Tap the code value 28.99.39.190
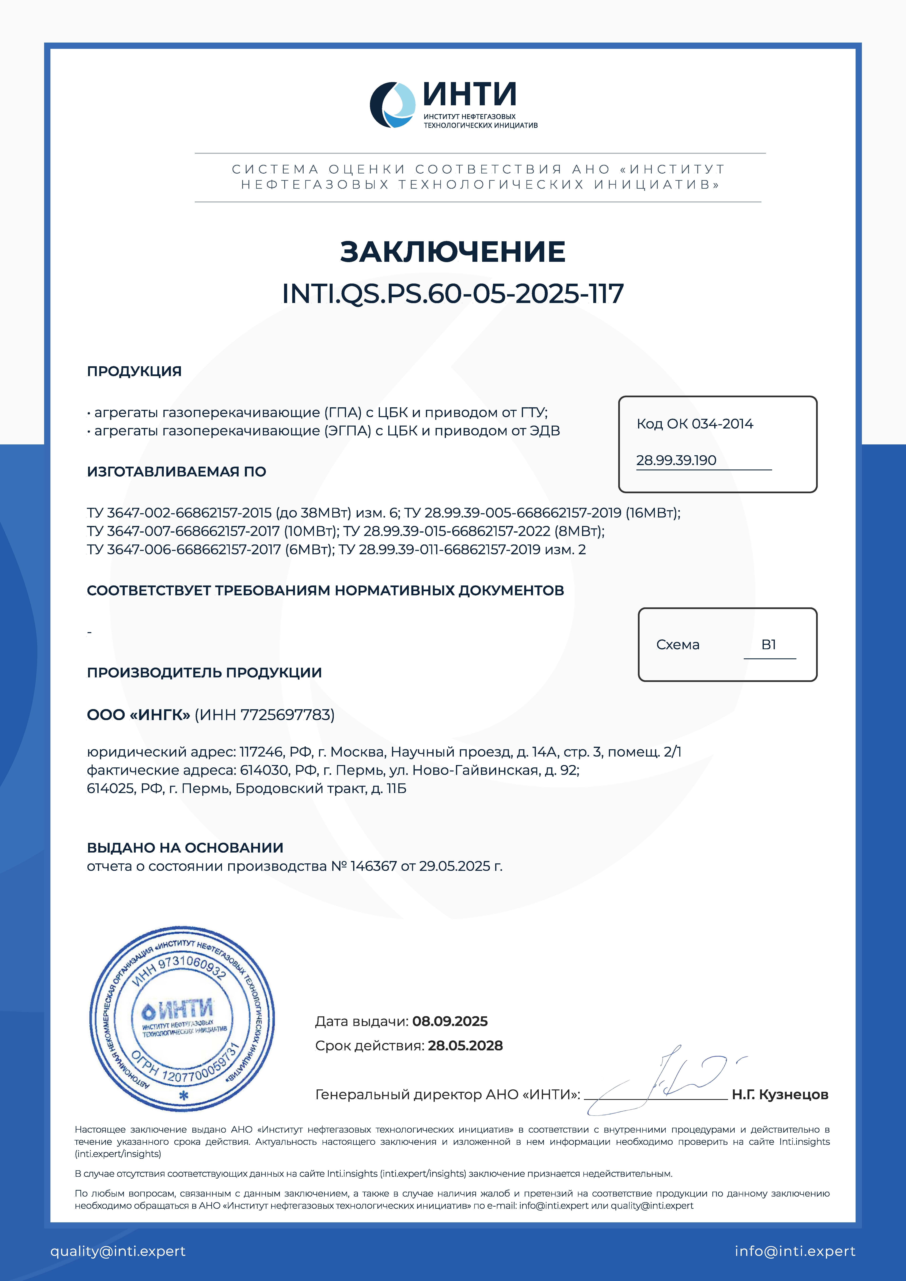pos(676,460)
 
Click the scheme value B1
pos(769,645)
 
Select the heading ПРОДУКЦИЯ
pos(134,371)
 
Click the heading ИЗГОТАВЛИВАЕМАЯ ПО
pos(176,472)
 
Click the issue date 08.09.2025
pos(450,1022)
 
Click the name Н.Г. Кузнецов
pos(780,1095)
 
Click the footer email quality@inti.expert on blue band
pos(118,1251)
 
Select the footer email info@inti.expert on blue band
pos(795,1251)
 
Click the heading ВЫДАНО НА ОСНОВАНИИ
pos(185,848)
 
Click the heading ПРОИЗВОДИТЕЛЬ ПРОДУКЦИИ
pos(204,673)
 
